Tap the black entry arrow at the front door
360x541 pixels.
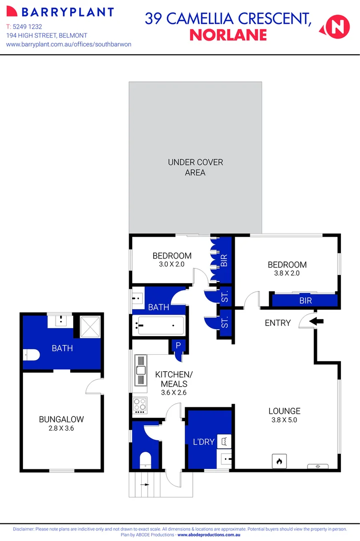click(317, 322)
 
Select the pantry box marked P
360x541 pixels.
click(178, 346)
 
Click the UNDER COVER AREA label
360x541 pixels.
click(195, 167)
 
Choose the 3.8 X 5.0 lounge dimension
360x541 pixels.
click(284, 420)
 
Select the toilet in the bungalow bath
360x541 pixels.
click(32, 355)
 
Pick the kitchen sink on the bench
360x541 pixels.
click(141, 371)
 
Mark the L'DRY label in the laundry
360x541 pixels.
click(203, 442)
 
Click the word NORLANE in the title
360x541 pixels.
click(228, 35)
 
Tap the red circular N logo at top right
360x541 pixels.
click(337, 26)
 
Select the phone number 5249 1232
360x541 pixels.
click(28, 26)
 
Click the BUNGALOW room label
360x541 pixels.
click(61, 419)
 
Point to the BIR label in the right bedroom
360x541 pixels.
click(305, 301)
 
